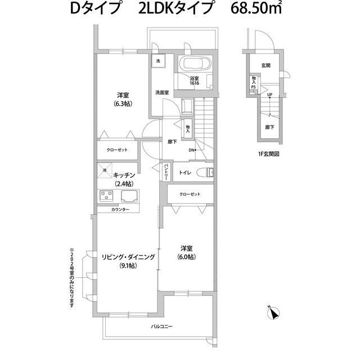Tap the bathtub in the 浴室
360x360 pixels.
pos(195,64)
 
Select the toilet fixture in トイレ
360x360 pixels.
pos(205,173)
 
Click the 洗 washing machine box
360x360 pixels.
pos(158,61)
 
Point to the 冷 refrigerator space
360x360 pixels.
pos(105,170)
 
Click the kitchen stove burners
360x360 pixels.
pos(106,196)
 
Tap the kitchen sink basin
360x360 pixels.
pos(130,196)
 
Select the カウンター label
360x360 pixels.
pos(120,209)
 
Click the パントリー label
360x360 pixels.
pos(166,172)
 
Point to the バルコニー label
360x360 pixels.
pos(161,326)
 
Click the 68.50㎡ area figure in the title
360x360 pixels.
pos(256,9)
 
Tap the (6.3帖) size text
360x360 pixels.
pos(123,103)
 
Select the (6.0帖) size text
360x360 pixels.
pos(186,256)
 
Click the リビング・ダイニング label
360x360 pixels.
pos(128,257)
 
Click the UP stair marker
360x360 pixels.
pos(269,94)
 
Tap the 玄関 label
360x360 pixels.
pos(265,65)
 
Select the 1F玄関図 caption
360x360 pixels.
pos(269,154)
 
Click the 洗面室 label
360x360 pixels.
pos(162,92)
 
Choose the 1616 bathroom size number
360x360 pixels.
pos(194,83)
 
